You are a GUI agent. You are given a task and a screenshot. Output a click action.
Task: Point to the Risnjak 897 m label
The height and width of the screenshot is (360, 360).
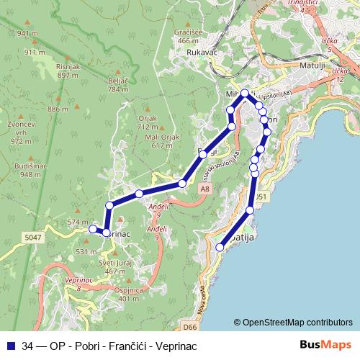pos(67,70)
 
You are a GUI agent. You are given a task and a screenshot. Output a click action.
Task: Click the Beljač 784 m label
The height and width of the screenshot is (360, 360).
pos(117,85)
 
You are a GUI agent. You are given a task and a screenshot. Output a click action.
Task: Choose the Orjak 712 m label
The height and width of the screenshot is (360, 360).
pos(146,122)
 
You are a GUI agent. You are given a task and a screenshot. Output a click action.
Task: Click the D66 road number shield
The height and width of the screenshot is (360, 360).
pos(189,326)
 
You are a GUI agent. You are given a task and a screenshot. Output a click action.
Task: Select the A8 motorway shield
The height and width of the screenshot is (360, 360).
pos(206,189)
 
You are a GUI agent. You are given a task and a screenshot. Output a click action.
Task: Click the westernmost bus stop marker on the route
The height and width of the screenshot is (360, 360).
pos(92,229)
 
